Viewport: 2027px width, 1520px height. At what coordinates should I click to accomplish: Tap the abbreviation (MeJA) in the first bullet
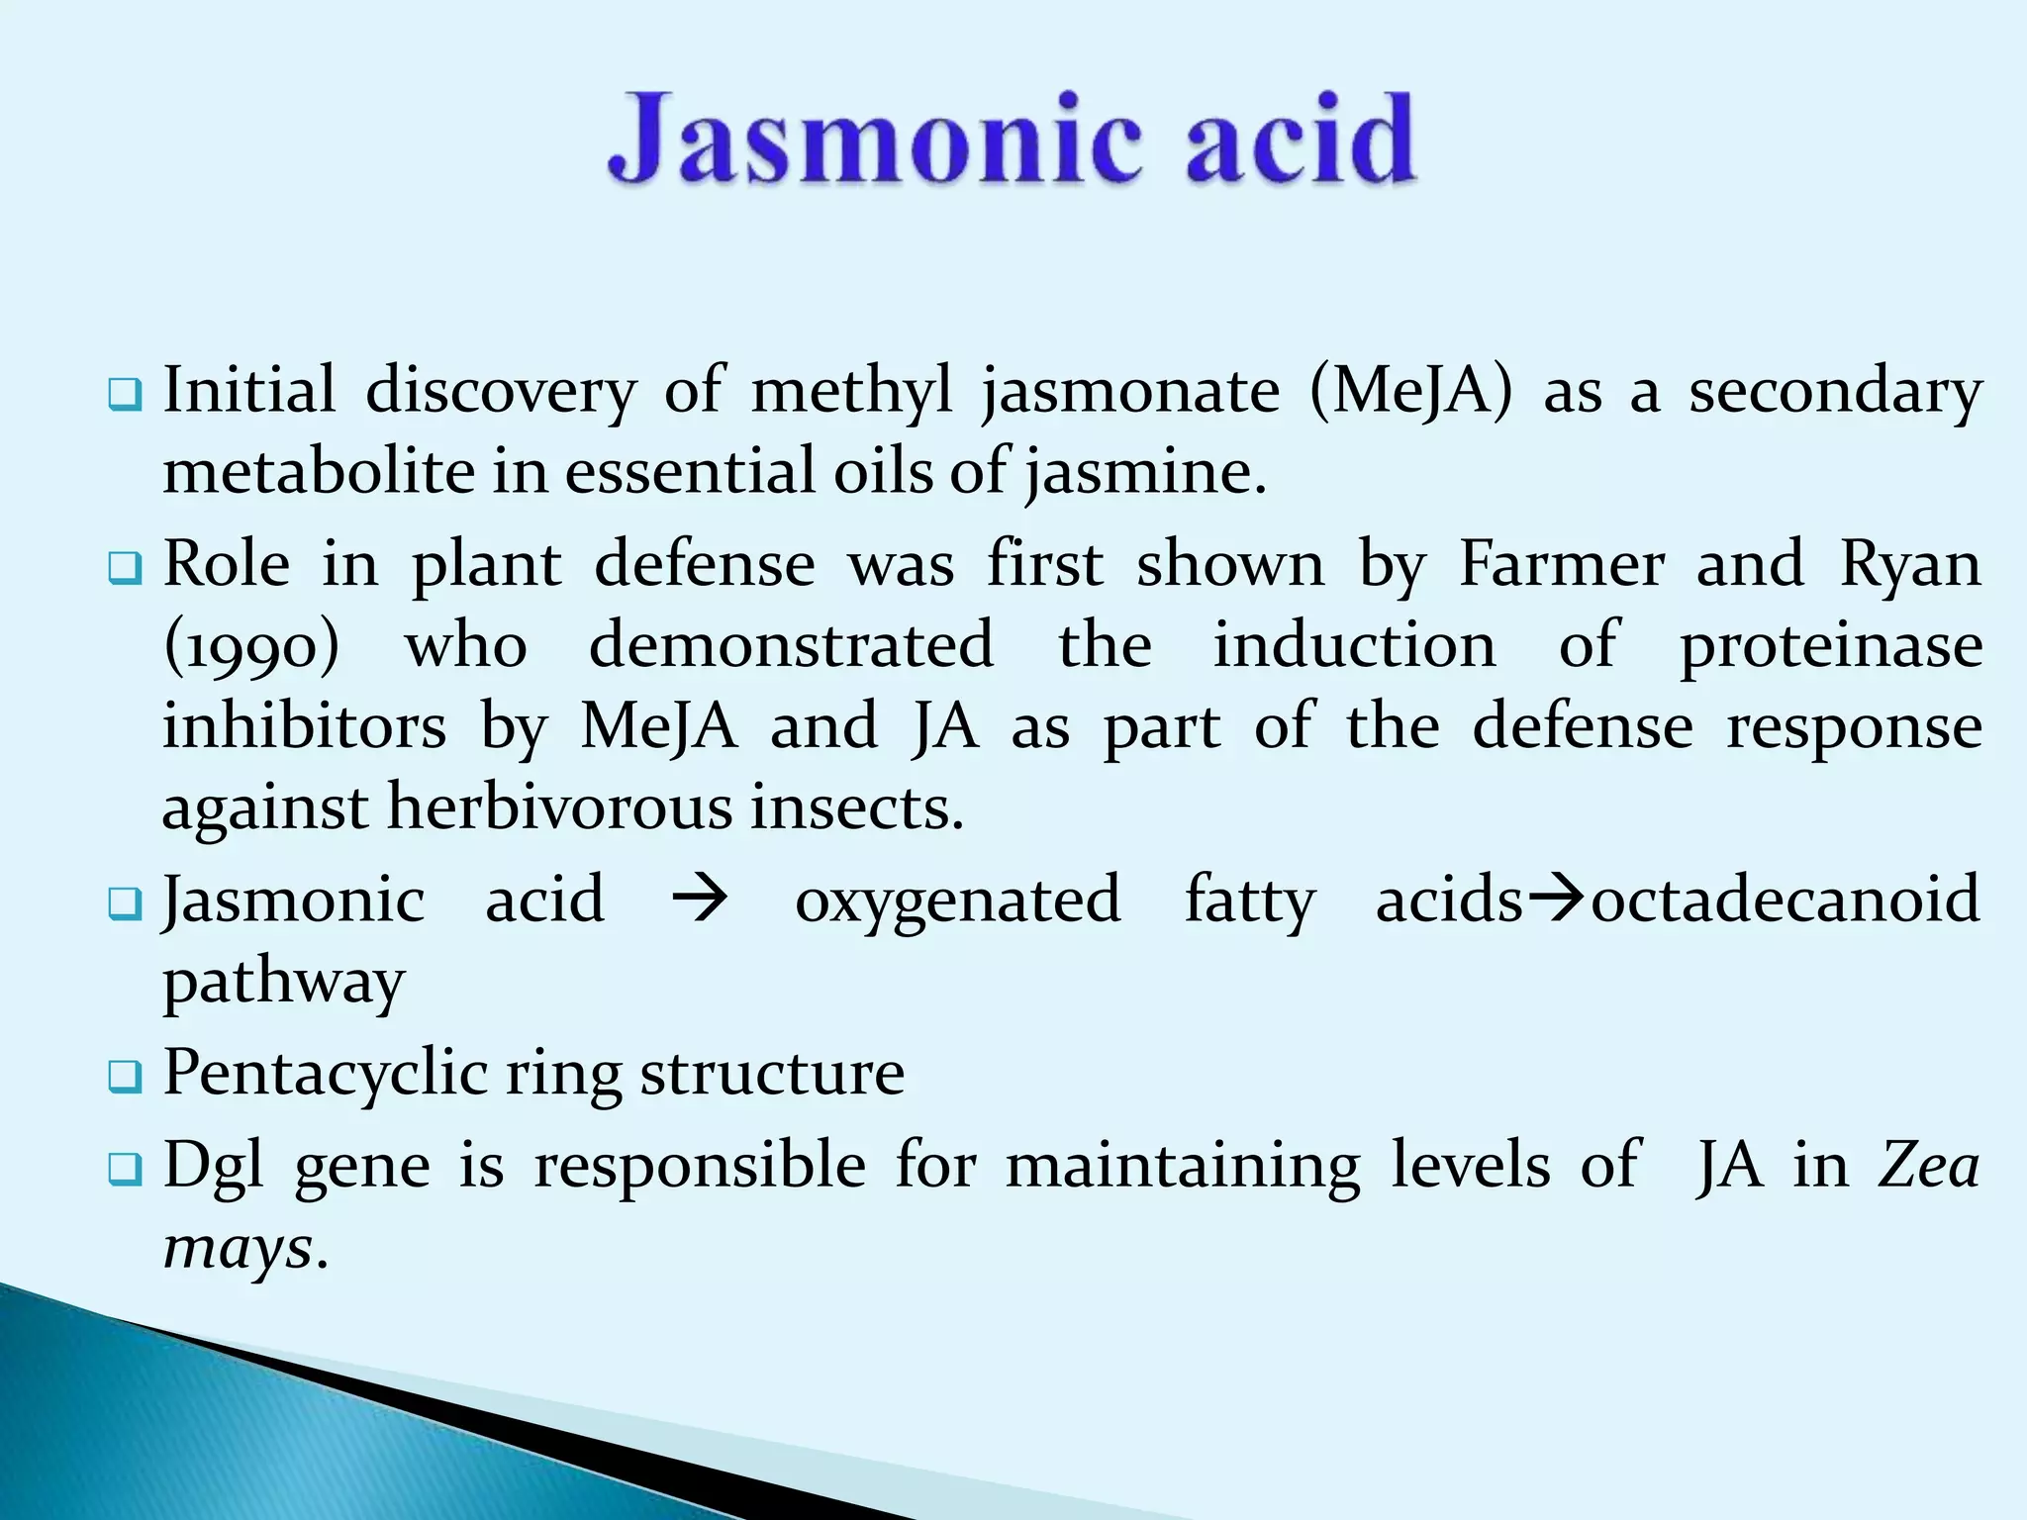(1410, 390)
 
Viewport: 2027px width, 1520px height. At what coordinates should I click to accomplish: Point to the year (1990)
(250, 646)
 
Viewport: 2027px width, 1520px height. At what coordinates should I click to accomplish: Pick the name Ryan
(1910, 566)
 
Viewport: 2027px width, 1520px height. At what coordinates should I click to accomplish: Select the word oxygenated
(957, 901)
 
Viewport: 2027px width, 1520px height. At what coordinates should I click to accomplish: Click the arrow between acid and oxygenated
(700, 902)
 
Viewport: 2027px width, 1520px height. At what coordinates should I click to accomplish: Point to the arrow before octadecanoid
(1556, 900)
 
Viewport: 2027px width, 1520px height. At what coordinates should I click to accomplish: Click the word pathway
(284, 983)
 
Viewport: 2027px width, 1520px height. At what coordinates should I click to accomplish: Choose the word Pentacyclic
(325, 1073)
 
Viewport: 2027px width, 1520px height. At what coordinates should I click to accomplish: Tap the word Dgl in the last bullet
(213, 1165)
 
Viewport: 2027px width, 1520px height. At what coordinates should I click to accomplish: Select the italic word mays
(239, 1247)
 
